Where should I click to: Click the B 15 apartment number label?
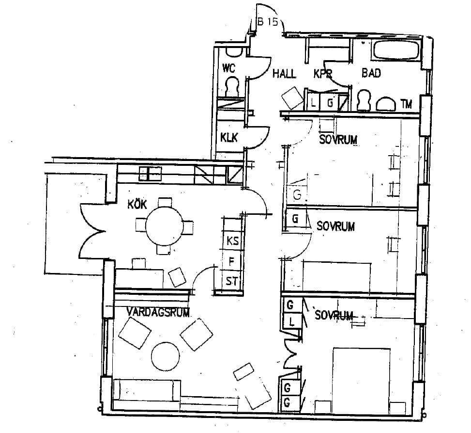tap(268, 22)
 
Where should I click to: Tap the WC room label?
tap(228, 68)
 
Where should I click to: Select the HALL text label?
tap(284, 73)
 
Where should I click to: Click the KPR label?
tap(322, 74)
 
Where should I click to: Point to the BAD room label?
tap(371, 73)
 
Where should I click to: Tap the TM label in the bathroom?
tap(406, 104)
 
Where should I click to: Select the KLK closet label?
tap(229, 138)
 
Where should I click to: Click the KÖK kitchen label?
tap(137, 204)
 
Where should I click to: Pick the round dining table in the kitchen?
tap(164, 225)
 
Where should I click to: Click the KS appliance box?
tap(232, 240)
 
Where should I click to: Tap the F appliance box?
tap(232, 260)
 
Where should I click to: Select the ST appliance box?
tap(231, 281)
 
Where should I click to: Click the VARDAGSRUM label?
tap(158, 312)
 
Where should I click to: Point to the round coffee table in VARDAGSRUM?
tap(165, 356)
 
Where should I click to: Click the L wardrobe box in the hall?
tap(313, 103)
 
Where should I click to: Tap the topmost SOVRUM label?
tap(338, 140)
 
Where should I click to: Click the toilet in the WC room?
tap(232, 87)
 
